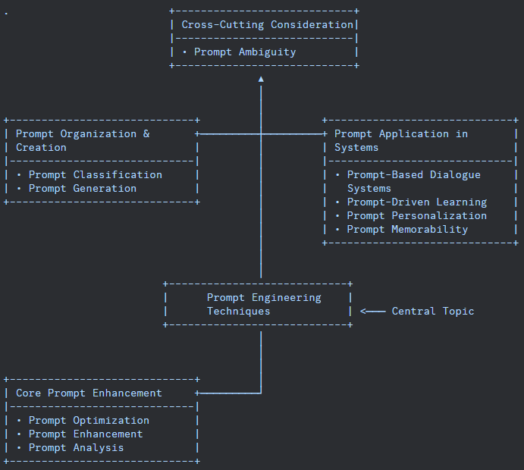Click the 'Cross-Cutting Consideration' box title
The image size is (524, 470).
(267, 25)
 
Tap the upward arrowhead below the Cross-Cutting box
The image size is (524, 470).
(261, 79)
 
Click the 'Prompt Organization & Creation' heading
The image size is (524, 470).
(83, 141)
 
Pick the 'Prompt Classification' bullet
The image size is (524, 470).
(95, 175)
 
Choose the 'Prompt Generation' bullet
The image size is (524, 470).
(82, 189)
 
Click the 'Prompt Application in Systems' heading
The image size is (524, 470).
(400, 141)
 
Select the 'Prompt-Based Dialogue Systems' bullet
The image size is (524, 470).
(413, 182)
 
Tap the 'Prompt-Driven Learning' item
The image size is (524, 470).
(416, 202)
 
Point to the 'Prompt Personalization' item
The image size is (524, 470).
(416, 216)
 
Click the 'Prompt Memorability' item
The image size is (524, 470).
(407, 230)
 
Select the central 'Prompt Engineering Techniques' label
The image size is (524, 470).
(264, 305)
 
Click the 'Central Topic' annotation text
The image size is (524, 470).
(433, 312)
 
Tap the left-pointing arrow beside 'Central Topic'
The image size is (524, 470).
(372, 312)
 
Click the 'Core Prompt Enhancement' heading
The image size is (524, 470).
(89, 393)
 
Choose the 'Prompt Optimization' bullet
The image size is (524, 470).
(89, 421)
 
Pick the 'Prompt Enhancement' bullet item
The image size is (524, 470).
(85, 434)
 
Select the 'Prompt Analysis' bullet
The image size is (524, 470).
(76, 448)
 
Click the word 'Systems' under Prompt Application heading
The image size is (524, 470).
(356, 148)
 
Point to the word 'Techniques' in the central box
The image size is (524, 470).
(238, 312)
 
